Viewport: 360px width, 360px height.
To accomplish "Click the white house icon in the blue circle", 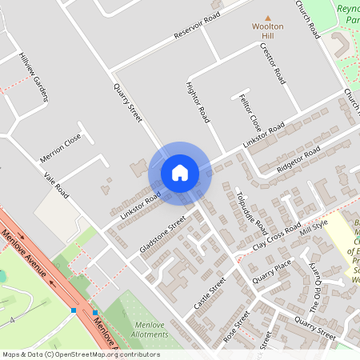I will coord(180,173).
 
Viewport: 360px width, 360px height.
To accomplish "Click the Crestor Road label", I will coord(272,64).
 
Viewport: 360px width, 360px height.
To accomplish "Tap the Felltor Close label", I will coord(250,112).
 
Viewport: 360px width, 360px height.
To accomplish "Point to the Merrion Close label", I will coord(62,148).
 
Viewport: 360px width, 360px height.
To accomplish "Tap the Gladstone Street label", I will coord(162,233).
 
